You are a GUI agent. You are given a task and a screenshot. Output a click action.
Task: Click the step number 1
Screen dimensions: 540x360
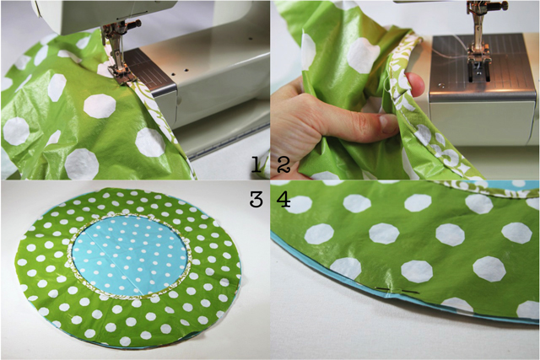coord(256,164)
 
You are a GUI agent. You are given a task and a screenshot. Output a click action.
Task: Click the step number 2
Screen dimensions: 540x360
coord(283,164)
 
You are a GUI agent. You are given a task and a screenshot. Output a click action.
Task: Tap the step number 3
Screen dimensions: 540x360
coord(256,199)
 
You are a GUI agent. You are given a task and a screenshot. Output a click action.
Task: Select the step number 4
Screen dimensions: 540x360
coord(283,199)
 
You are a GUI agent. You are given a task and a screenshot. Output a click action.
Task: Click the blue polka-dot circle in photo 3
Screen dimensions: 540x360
coord(130,255)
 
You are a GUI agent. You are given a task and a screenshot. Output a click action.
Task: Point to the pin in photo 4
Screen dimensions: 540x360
coord(397,291)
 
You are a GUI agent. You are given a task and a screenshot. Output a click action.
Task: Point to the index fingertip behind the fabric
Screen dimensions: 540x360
coord(414,84)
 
